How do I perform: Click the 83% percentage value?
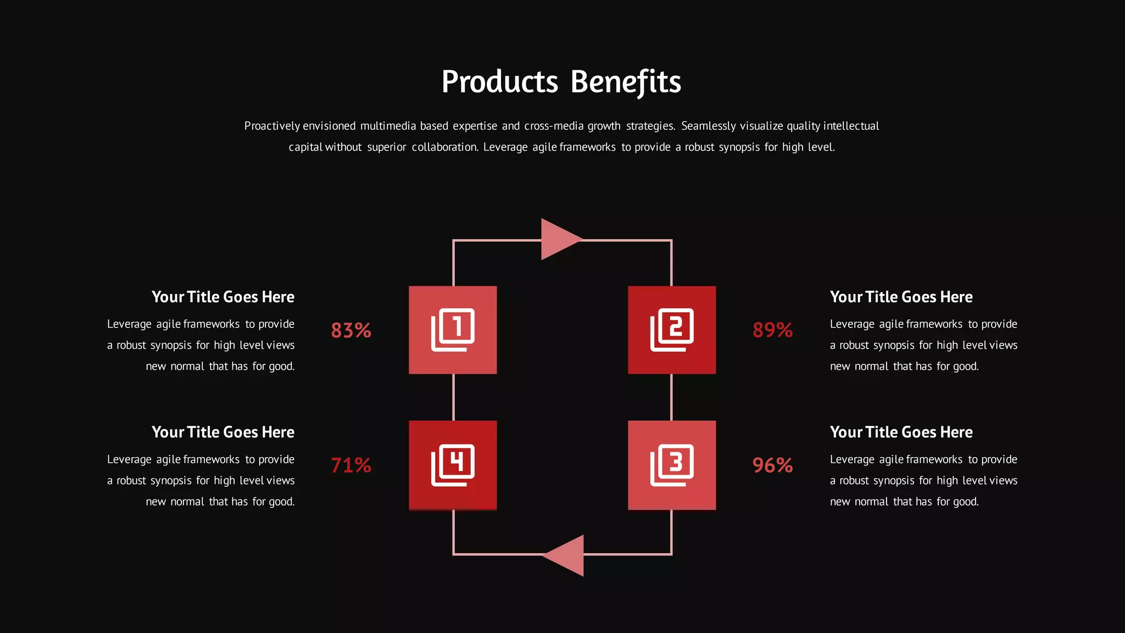351,330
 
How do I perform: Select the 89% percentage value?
772,330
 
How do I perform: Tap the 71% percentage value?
351,465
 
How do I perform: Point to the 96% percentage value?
772,465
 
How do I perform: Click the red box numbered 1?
453,330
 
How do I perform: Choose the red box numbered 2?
672,330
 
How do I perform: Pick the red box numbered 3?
672,465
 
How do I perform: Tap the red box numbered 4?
453,465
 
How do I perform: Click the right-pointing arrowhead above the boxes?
559,239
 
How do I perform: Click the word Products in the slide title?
500,82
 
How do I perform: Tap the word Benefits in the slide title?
626,82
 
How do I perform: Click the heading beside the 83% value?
223,297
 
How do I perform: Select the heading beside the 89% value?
901,297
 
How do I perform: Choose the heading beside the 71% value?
223,432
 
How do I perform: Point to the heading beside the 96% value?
901,432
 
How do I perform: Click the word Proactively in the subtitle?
272,126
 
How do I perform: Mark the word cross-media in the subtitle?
554,126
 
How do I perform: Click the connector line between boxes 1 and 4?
453,397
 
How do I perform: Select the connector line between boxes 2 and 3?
672,397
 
